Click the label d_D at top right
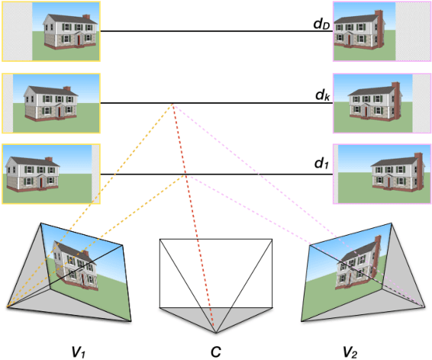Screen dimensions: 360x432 coord(321,24)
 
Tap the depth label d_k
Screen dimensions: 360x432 coord(321,95)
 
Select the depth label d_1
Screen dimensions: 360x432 coord(321,163)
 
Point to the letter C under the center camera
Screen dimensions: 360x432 coord(216,349)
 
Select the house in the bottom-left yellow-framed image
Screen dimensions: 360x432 coord(34,172)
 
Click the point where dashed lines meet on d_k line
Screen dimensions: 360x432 coord(172,104)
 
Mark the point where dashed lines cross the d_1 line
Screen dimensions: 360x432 coord(186,175)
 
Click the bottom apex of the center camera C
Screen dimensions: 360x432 coord(215,333)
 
